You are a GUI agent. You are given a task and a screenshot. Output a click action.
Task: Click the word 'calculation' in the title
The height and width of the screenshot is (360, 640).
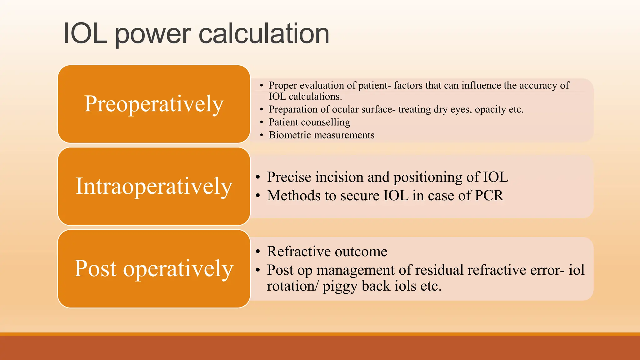(264, 33)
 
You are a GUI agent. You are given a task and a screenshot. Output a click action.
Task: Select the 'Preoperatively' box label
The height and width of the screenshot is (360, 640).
(154, 104)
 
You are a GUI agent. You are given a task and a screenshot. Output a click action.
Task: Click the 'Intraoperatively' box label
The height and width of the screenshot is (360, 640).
(154, 186)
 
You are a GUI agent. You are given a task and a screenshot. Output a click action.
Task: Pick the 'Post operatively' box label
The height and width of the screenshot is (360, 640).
(154, 268)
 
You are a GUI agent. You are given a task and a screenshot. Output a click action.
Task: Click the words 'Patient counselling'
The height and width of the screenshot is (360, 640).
(309, 122)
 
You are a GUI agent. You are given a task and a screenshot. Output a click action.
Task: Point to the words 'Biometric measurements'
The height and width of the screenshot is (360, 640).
(321, 135)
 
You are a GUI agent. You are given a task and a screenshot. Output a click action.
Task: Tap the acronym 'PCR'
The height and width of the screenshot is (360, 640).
(489, 196)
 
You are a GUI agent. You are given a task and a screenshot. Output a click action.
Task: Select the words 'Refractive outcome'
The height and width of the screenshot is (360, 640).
(327, 252)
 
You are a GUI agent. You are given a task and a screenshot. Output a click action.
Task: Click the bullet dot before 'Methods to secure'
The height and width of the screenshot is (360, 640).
(258, 196)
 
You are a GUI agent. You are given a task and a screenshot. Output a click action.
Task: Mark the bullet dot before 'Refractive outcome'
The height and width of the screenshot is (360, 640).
(258, 252)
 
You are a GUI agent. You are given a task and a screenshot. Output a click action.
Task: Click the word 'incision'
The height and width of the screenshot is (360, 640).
(339, 177)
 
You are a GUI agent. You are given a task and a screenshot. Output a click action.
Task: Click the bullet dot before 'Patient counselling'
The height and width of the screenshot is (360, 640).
(262, 122)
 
